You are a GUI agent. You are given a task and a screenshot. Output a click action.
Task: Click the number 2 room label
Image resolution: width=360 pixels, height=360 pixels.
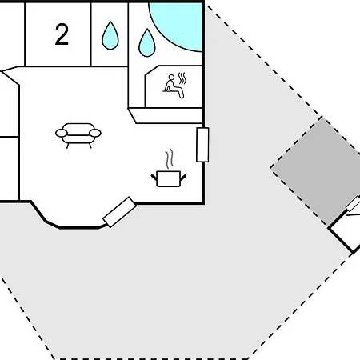pyautogui.click(x=62, y=34)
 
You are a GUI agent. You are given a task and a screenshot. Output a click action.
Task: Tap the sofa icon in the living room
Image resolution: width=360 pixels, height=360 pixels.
pyautogui.click(x=78, y=135)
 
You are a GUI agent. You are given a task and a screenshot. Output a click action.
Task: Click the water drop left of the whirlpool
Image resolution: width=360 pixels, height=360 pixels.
pyautogui.click(x=147, y=43)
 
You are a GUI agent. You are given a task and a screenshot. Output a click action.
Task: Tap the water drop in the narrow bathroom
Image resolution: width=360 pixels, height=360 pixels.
pyautogui.click(x=110, y=36)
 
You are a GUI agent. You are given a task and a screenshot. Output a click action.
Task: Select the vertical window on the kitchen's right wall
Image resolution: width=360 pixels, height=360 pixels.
pyautogui.click(x=202, y=145)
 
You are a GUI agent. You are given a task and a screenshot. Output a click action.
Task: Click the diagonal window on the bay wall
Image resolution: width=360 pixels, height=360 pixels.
pyautogui.click(x=119, y=212)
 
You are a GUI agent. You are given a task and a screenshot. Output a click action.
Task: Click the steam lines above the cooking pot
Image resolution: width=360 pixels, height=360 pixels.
pyautogui.click(x=170, y=159)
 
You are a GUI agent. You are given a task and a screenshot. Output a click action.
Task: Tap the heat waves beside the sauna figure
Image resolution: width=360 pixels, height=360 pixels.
pyautogui.click(x=182, y=78)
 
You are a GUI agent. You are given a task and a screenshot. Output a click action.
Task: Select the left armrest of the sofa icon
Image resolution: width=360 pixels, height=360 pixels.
pyautogui.click(x=61, y=133)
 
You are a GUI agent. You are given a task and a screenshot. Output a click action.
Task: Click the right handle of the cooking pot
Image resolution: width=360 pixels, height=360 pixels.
pyautogui.click(x=183, y=178)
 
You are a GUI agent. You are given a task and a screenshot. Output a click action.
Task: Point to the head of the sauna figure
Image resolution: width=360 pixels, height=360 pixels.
pyautogui.click(x=171, y=78)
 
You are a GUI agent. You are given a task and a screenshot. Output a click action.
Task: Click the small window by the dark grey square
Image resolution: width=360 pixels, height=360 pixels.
pyautogui.click(x=354, y=204)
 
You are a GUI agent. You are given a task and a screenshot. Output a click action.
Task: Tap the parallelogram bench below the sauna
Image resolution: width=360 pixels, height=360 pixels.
pyautogui.click(x=166, y=115)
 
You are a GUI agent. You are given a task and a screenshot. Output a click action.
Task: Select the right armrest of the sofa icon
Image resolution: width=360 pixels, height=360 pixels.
pyautogui.click(x=95, y=133)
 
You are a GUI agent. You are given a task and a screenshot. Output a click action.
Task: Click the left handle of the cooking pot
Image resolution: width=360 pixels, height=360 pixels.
pyautogui.click(x=154, y=178)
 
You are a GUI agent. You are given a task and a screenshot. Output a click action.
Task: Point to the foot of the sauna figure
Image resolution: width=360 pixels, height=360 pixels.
pyautogui.click(x=182, y=95)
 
